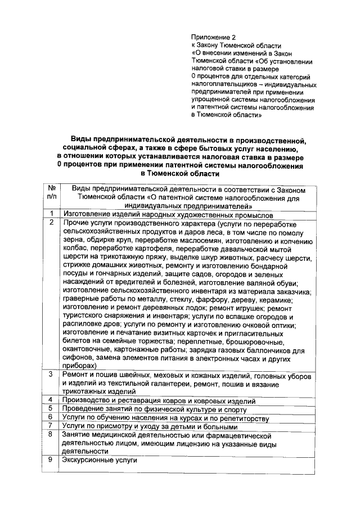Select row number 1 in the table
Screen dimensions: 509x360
[x=51, y=214]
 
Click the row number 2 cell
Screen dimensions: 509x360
[x=51, y=223]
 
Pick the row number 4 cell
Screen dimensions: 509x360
[x=51, y=400]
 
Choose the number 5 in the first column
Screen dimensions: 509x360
[x=51, y=409]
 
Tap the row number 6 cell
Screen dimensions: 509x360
[x=51, y=417]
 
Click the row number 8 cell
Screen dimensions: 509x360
[x=51, y=435]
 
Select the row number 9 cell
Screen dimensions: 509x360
[x=51, y=460]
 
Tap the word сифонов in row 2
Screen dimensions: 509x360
[x=78, y=357]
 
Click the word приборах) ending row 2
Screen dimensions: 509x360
[x=80, y=366]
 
